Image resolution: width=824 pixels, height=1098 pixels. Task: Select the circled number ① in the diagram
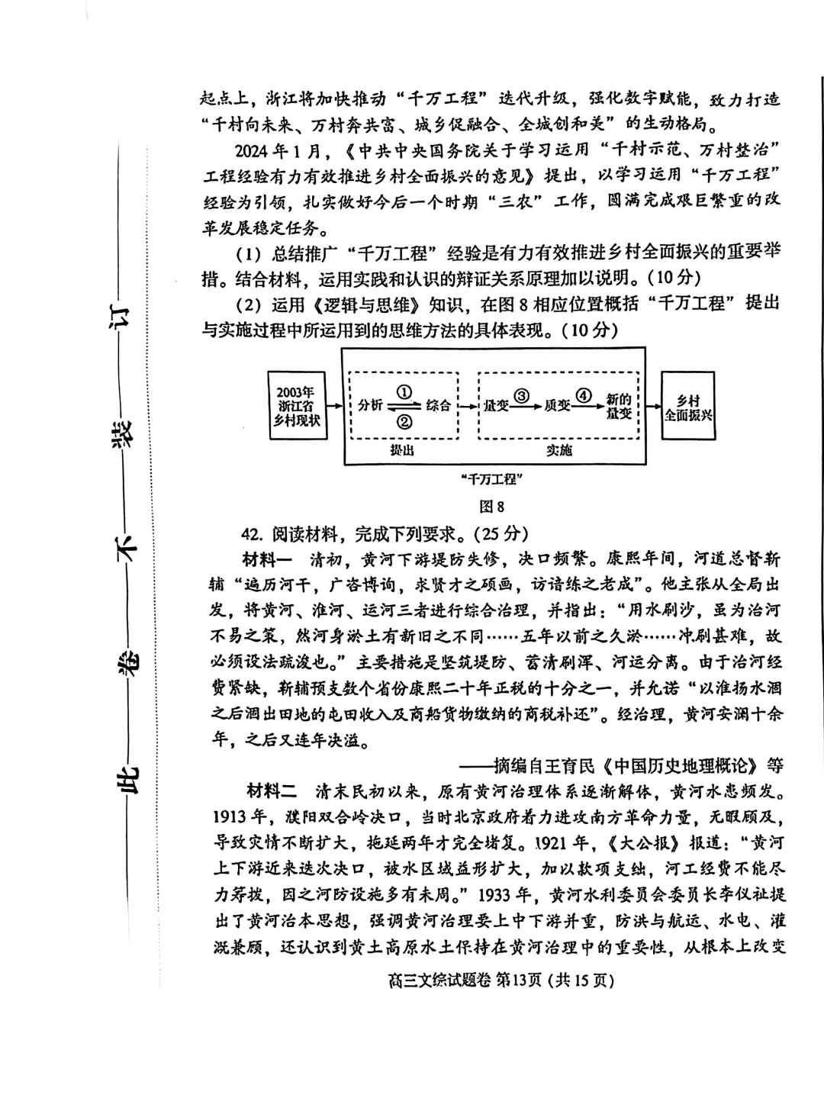404,391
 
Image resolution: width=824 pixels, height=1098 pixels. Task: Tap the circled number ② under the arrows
404,421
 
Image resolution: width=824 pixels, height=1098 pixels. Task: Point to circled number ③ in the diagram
522,395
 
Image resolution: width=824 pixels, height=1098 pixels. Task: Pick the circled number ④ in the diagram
584,395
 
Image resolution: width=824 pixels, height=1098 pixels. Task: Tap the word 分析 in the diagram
370,406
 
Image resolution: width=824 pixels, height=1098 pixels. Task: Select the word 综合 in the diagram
438,406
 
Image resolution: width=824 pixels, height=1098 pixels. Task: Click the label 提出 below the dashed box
402,450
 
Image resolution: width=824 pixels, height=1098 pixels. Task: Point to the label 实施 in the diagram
558,450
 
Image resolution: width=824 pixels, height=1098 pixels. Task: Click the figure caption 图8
491,506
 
